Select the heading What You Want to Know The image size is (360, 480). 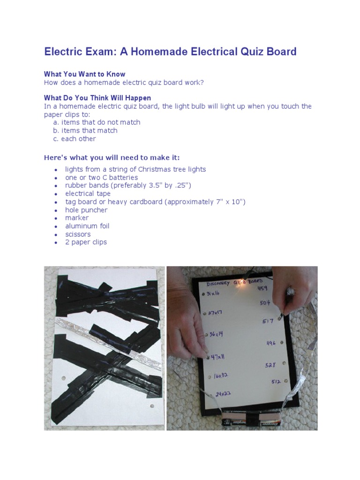pyautogui.click(x=84, y=74)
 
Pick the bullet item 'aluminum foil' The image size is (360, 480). pyautogui.click(x=87, y=226)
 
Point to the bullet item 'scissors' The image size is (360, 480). pyautogui.click(x=78, y=234)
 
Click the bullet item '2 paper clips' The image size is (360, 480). pyautogui.click(x=86, y=242)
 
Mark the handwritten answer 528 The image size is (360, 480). pyautogui.click(x=271, y=365)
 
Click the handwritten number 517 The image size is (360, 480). pyautogui.click(x=268, y=322)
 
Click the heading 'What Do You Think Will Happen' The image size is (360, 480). pyautogui.click(x=97, y=98)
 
